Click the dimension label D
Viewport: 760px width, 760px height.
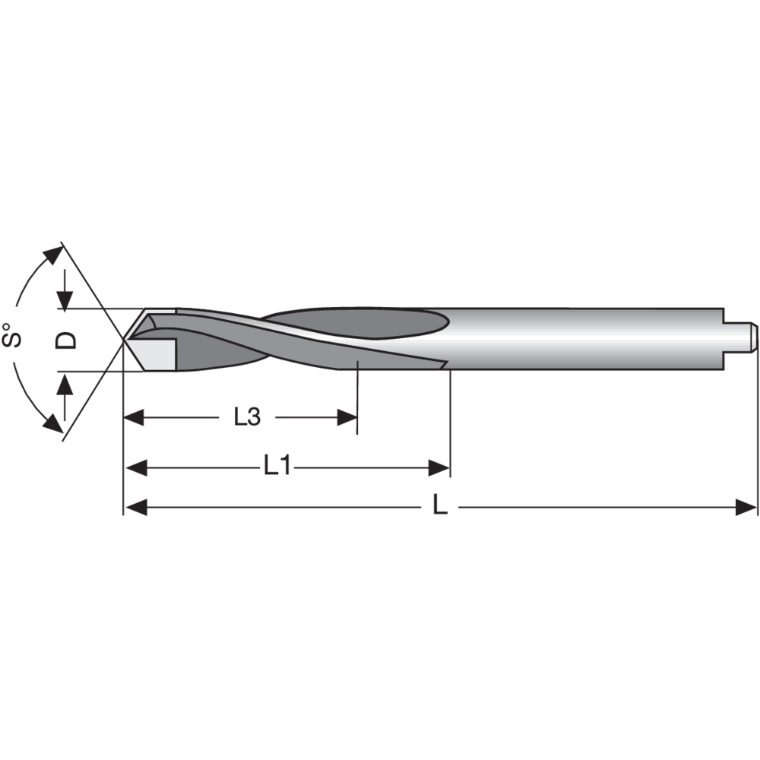click(x=68, y=339)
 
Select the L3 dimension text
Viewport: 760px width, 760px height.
click(x=247, y=417)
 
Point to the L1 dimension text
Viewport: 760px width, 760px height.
click(x=277, y=466)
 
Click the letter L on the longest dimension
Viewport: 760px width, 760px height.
click(x=439, y=506)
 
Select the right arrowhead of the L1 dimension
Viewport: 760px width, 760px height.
click(x=439, y=467)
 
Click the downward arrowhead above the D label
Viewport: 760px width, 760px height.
click(x=65, y=299)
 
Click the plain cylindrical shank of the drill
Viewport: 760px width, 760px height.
click(x=585, y=338)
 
